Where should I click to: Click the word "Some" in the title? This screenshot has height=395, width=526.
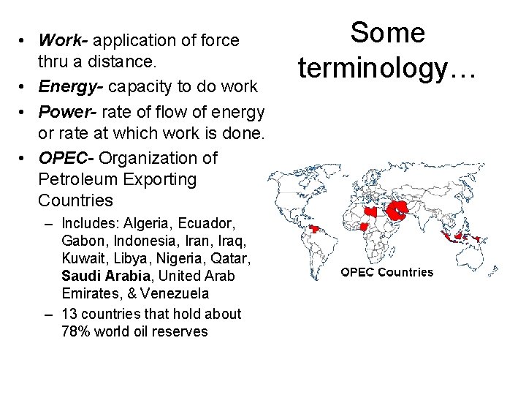(x=387, y=33)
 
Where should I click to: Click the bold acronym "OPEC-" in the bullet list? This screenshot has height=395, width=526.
(x=66, y=158)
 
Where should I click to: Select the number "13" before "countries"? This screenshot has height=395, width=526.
(x=70, y=314)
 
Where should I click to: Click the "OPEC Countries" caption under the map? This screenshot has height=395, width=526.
(x=386, y=272)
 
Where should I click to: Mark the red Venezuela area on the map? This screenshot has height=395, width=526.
(x=315, y=228)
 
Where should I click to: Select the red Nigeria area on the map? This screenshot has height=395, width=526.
(x=363, y=227)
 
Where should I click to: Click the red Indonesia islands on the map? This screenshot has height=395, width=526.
(x=459, y=236)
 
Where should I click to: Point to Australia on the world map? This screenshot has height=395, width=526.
(x=476, y=257)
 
